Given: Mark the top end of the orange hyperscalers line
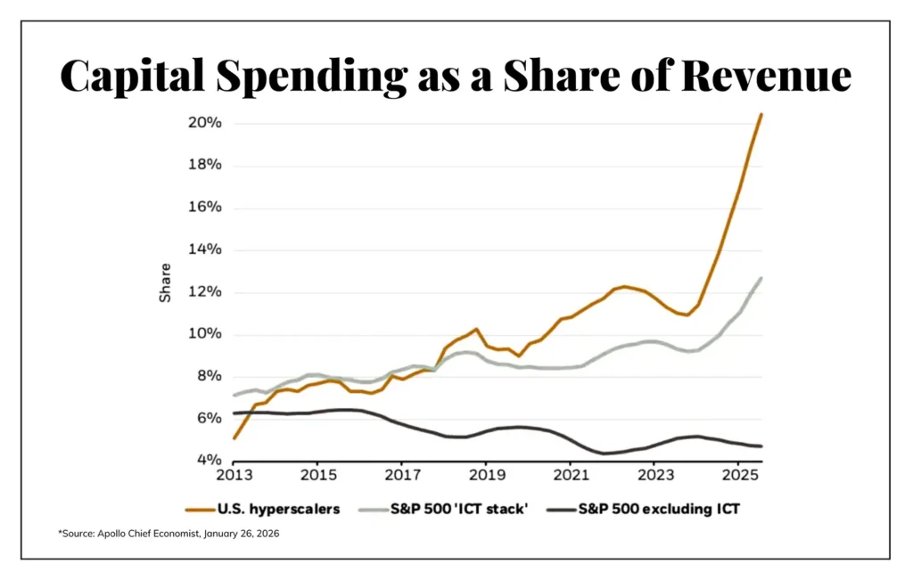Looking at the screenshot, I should click(x=761, y=114).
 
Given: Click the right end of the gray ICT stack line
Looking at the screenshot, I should click(x=761, y=278).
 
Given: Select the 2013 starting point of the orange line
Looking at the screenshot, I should click(x=234, y=438).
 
